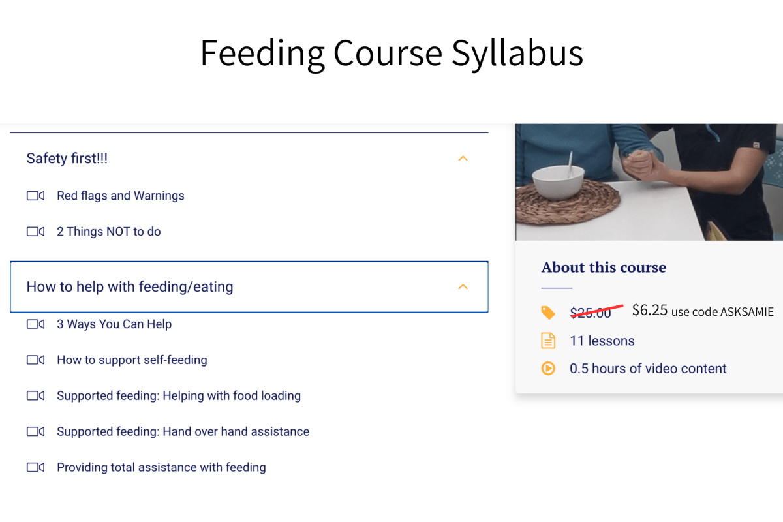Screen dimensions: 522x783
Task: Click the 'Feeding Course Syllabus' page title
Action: point(391,54)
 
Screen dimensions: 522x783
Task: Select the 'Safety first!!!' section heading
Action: point(67,159)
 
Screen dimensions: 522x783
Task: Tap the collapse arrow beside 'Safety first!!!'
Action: point(463,159)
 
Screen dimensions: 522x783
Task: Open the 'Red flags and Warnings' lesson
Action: point(120,196)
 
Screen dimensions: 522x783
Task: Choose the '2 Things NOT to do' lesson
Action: point(108,232)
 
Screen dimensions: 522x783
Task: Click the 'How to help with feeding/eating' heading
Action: point(129,287)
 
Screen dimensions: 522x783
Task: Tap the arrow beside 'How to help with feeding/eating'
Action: point(463,287)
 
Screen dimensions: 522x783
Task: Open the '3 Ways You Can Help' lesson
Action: point(114,324)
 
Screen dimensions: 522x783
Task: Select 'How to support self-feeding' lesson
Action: point(132,360)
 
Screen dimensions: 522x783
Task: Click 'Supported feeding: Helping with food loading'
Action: point(178,396)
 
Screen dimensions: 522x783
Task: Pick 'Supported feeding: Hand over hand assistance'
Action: point(183,432)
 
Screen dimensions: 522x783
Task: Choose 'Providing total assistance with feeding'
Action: point(161,468)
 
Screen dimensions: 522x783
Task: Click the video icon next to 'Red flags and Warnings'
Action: point(35,196)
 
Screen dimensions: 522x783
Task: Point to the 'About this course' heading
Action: point(604,268)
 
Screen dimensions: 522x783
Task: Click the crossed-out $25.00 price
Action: point(591,313)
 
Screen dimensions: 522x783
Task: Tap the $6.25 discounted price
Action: point(649,311)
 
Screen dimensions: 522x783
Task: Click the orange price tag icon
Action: point(548,313)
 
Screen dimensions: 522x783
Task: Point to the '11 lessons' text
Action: point(602,341)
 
